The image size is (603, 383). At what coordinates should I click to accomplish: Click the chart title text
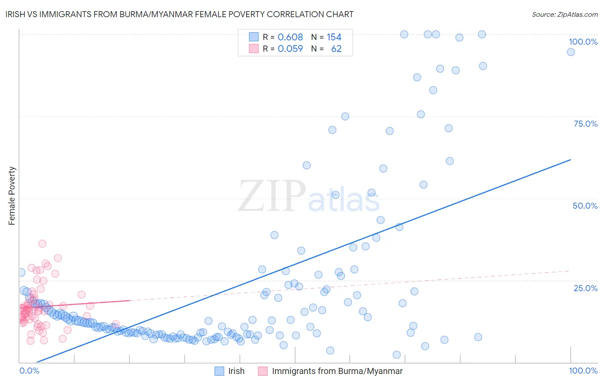(x=180, y=14)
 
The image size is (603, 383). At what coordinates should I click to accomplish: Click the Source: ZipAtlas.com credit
(x=564, y=14)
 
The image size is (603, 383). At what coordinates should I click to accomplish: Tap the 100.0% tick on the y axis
(x=583, y=42)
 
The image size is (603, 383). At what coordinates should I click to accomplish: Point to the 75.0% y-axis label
(x=585, y=124)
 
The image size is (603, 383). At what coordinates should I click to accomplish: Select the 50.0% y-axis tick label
(x=585, y=206)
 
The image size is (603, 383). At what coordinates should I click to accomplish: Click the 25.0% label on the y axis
(x=585, y=288)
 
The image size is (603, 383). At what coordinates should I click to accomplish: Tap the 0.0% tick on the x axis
(x=29, y=371)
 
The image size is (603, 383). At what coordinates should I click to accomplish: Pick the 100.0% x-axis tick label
(x=583, y=371)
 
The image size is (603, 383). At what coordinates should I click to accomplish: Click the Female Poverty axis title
(x=12, y=196)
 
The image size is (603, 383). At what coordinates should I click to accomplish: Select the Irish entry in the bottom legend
(x=236, y=371)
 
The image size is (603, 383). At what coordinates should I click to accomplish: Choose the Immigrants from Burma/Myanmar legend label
(x=337, y=371)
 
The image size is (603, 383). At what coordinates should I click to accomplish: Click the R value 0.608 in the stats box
(x=290, y=37)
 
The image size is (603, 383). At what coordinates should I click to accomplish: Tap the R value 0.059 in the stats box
(x=290, y=49)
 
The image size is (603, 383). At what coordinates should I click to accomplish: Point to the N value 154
(x=334, y=37)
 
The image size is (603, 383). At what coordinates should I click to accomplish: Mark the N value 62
(x=336, y=49)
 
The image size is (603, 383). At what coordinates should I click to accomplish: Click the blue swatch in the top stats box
(x=254, y=37)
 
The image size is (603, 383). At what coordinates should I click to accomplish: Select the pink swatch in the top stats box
(x=254, y=49)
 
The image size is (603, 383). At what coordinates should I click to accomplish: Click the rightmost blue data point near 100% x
(x=571, y=52)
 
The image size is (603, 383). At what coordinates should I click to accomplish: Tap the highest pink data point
(x=42, y=243)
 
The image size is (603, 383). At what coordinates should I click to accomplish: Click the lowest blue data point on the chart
(x=397, y=355)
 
